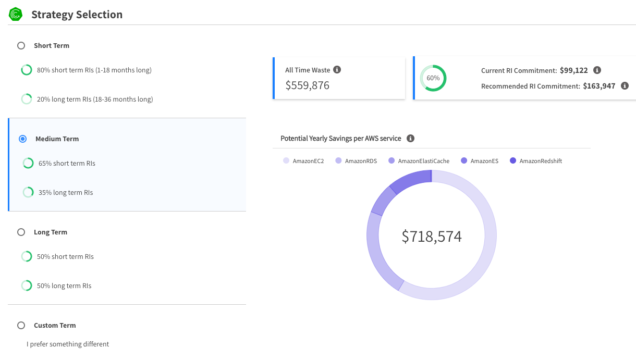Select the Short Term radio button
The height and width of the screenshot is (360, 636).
[x=21, y=46]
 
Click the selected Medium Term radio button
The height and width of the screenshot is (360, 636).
[x=22, y=139]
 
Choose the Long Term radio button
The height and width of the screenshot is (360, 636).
[x=21, y=232]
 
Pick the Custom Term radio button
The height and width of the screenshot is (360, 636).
[x=21, y=325]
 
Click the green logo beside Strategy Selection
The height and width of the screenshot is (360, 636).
[x=16, y=14]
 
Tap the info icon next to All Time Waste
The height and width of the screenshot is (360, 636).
[x=337, y=70]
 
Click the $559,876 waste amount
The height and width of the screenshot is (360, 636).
[x=308, y=85]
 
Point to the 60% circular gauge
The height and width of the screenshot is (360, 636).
[x=433, y=78]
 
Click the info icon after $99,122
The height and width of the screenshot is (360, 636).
[x=597, y=70]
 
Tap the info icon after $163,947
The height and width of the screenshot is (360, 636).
[x=625, y=86]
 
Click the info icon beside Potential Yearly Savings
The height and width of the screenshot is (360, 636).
[x=410, y=138]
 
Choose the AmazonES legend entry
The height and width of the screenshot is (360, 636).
[x=480, y=161]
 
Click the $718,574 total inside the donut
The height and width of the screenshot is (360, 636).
[x=432, y=237]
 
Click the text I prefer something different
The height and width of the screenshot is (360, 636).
[x=68, y=344]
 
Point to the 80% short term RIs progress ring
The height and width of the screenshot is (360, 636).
[x=26, y=70]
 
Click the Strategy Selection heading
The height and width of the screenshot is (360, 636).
[x=77, y=15]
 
